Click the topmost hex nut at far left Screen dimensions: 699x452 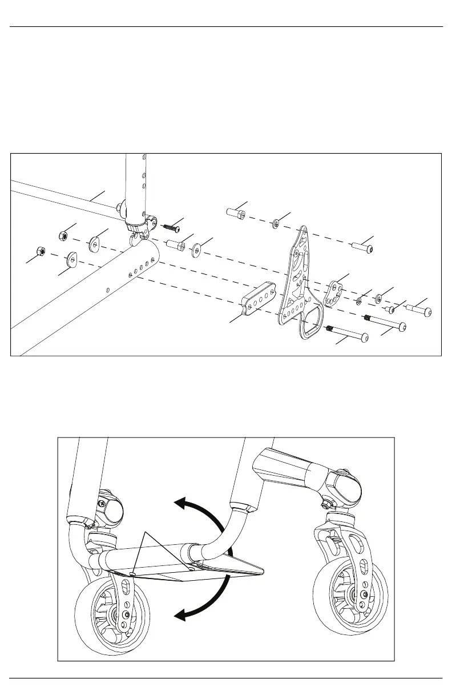coord(64,235)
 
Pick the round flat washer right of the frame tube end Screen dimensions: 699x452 coord(197,249)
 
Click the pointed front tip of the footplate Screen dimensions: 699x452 coord(261,569)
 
